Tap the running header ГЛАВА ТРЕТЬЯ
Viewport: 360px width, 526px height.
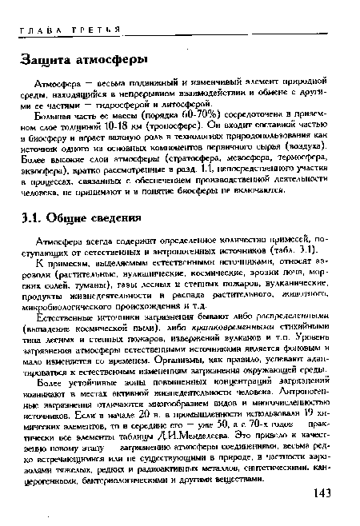coord(66,26)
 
